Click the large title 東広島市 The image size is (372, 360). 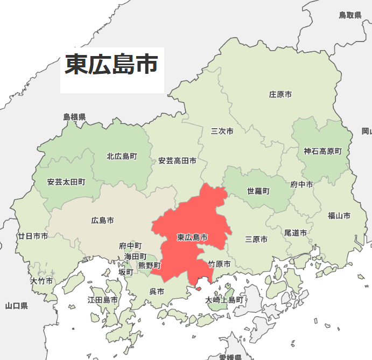(x=111, y=65)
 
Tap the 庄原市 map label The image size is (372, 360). (x=280, y=94)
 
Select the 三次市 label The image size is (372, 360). (x=222, y=131)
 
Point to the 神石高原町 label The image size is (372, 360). (x=322, y=151)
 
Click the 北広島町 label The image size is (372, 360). (x=122, y=156)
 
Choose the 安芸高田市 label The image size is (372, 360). (x=177, y=161)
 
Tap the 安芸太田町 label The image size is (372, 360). (x=66, y=182)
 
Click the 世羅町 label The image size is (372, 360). (x=258, y=191)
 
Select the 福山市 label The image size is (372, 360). (x=339, y=216)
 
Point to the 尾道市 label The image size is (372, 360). (x=295, y=233)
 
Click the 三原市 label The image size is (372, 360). (x=256, y=239)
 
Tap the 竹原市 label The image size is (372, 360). (x=219, y=264)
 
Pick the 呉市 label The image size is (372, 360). (x=156, y=291)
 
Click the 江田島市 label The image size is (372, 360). (x=103, y=300)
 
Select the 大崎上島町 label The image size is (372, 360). (x=224, y=300)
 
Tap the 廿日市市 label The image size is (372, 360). (x=33, y=236)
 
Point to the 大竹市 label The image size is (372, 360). (x=41, y=281)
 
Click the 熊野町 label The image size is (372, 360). (x=149, y=265)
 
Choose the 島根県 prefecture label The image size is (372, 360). (x=74, y=116)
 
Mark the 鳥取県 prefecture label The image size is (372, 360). (x=350, y=15)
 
